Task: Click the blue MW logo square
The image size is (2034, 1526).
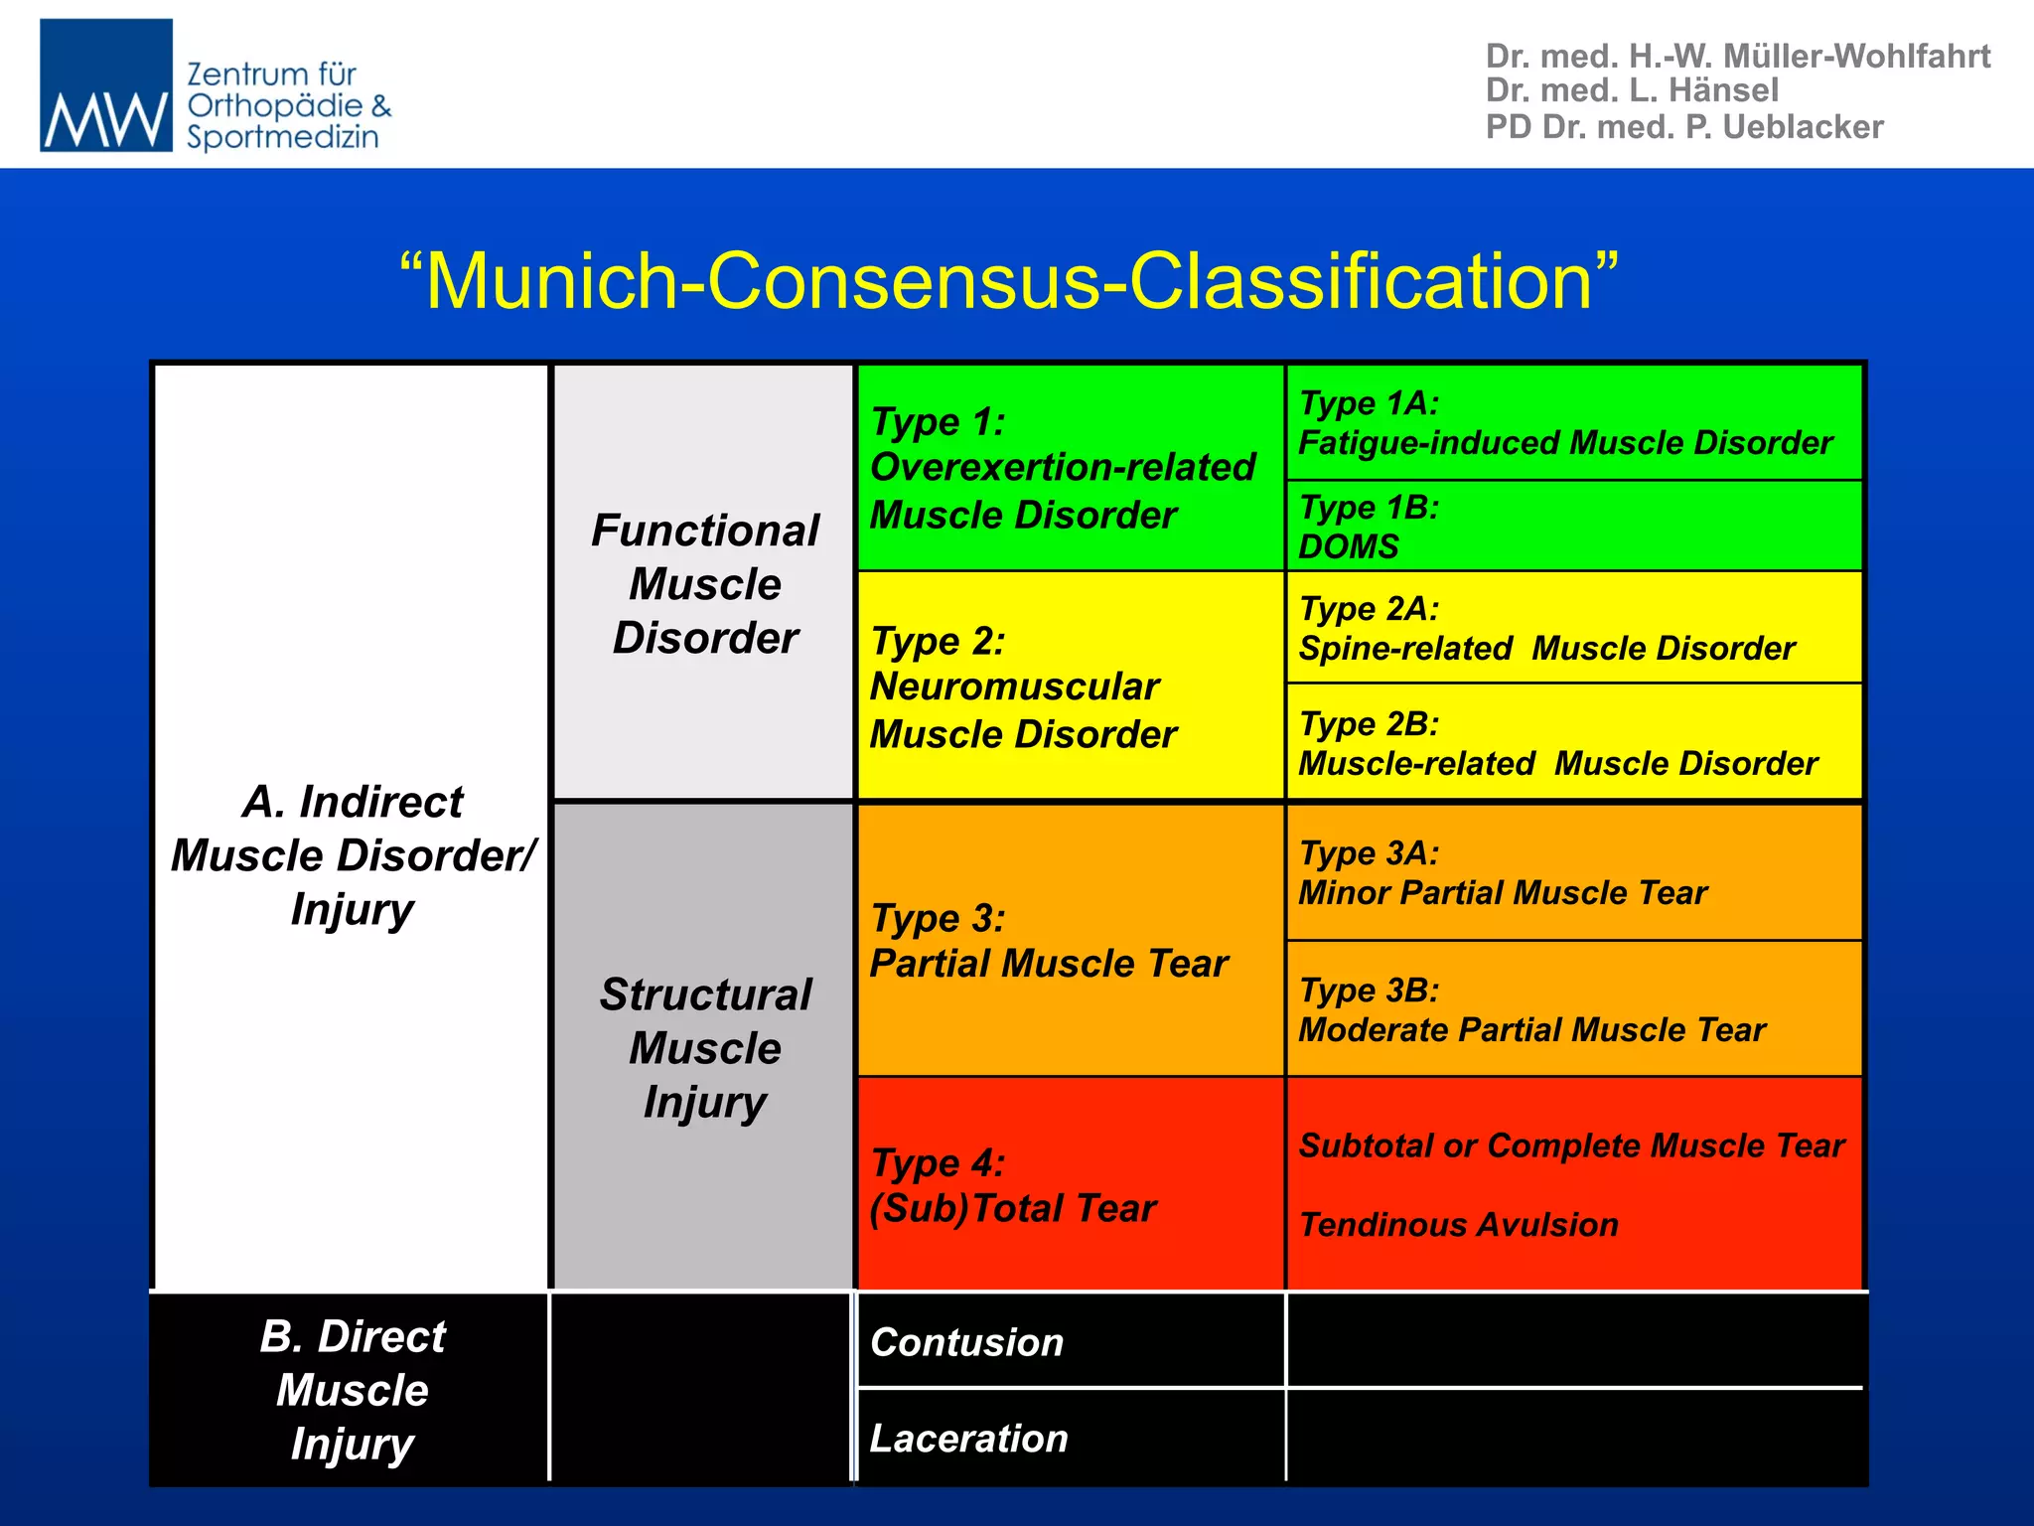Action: click(105, 85)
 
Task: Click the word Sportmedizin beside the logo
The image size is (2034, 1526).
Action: click(283, 137)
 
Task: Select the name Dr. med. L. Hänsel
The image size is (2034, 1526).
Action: click(1631, 90)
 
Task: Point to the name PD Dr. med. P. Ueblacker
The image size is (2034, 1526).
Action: click(1683, 127)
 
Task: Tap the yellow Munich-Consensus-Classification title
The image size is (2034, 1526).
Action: click(1008, 281)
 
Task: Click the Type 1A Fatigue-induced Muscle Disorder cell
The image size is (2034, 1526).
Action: click(1565, 423)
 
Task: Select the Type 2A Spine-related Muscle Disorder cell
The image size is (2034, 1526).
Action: click(1546, 629)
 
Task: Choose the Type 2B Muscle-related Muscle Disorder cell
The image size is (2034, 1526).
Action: click(1557, 744)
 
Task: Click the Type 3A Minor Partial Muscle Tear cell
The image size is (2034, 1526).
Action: click(1503, 873)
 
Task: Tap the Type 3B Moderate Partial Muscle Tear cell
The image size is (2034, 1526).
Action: click(1531, 1010)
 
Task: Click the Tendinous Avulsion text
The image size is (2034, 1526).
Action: click(1458, 1225)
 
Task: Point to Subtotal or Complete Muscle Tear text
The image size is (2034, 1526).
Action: click(1571, 1145)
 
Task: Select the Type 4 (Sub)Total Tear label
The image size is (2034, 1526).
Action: click(1012, 1186)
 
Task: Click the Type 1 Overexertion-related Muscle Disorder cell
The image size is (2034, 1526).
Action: click(1062, 468)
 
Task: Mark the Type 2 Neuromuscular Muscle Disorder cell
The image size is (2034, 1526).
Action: click(1022, 687)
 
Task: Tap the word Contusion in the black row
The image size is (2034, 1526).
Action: click(966, 1342)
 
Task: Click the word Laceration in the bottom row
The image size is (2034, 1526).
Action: click(968, 1439)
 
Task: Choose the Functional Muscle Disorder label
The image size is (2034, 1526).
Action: click(705, 584)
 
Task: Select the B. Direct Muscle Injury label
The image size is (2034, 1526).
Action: click(353, 1390)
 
